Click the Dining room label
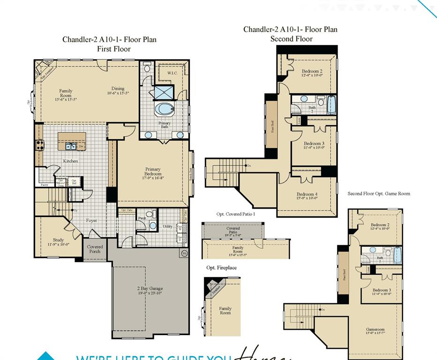(x=118, y=89)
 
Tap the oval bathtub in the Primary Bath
(x=164, y=109)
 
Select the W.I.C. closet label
(x=172, y=73)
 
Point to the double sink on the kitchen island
(x=71, y=146)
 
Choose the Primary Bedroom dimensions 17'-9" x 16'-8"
(x=153, y=178)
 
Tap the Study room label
(x=58, y=240)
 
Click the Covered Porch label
(x=95, y=249)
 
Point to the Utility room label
(x=167, y=226)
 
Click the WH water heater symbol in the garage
(x=183, y=254)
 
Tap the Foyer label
(x=91, y=220)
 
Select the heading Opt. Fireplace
(x=221, y=268)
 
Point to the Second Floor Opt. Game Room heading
(x=378, y=194)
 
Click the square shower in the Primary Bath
(x=164, y=92)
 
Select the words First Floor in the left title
(x=113, y=49)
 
